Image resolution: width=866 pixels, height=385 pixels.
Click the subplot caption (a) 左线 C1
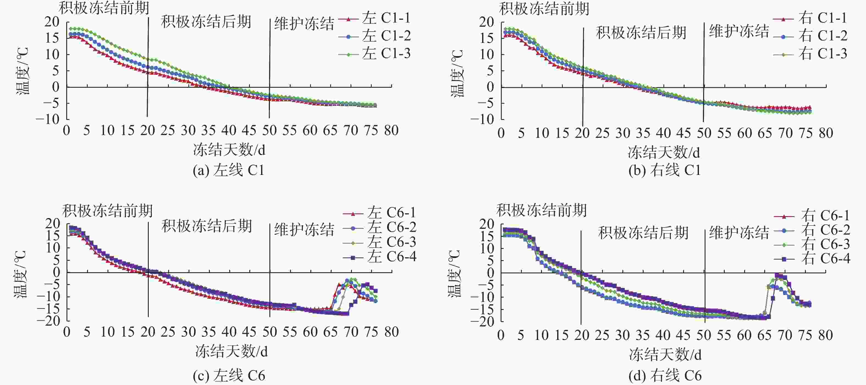point(229,170)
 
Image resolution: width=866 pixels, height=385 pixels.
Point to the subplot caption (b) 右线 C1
point(665,170)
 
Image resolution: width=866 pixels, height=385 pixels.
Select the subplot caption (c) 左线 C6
point(229,376)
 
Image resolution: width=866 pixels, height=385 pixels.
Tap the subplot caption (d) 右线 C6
point(665,376)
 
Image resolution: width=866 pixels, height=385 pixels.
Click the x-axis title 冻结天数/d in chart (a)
point(229,150)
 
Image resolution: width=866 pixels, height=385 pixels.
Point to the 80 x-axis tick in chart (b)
point(826,133)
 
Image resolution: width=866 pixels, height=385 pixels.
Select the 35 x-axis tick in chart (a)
point(208,130)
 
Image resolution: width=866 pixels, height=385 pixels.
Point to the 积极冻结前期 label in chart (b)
point(544,9)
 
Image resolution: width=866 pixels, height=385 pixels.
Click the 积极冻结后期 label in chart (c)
point(206,226)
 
